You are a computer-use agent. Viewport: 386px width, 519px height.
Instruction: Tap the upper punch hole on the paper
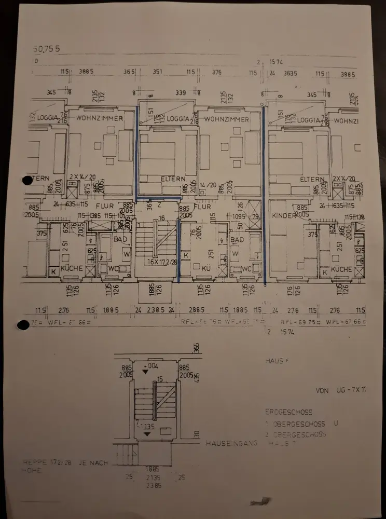27,180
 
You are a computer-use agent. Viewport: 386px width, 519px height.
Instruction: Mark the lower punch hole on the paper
23,325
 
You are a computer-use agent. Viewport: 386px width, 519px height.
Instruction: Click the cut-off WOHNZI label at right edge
347,121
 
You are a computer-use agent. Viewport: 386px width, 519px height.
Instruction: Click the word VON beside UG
322,390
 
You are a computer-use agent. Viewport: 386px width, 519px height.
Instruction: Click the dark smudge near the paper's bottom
260,501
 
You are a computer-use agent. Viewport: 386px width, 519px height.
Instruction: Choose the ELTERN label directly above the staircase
173,179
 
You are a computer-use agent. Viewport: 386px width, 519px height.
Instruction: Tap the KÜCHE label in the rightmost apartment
341,269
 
